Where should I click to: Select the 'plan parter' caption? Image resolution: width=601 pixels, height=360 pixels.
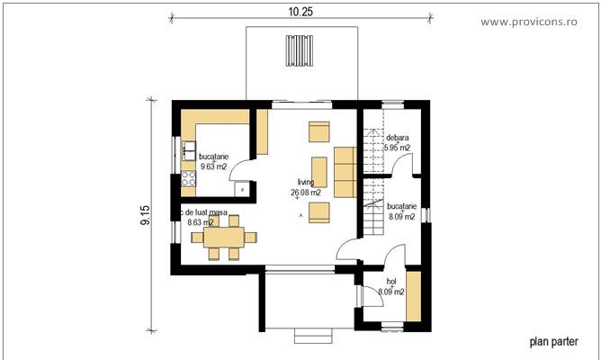tap(552, 341)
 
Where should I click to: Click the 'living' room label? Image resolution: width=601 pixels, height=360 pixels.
tap(306, 182)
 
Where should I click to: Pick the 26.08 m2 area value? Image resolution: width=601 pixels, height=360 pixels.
tap(308, 193)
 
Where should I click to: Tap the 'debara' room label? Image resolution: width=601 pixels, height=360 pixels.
tap(398, 138)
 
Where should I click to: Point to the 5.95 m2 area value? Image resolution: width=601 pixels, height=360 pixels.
tap(397, 148)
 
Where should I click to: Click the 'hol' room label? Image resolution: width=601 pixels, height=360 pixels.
tap(390, 282)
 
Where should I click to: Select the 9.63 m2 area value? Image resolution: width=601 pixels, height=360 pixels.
tap(213, 166)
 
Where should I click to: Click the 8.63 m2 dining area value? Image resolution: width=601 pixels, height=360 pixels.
tap(200, 221)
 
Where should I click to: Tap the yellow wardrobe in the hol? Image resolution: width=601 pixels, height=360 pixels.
tap(413, 297)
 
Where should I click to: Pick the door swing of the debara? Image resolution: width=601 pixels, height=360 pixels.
tap(405, 164)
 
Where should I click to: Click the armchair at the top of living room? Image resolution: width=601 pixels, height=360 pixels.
tap(319, 132)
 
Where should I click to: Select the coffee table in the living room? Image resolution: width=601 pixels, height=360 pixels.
tap(318, 171)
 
